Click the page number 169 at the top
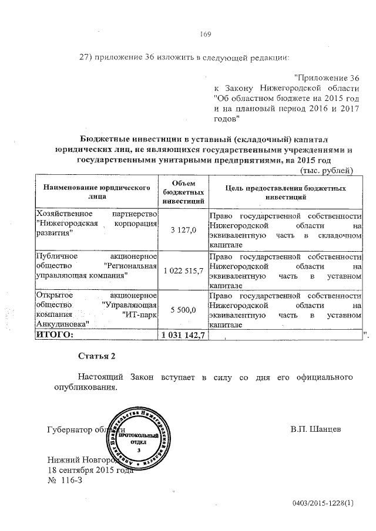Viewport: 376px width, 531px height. click(x=205, y=33)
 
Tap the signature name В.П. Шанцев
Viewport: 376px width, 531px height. click(x=316, y=429)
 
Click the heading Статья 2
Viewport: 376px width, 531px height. click(x=94, y=356)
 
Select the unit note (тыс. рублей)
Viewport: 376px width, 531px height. click(x=327, y=171)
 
